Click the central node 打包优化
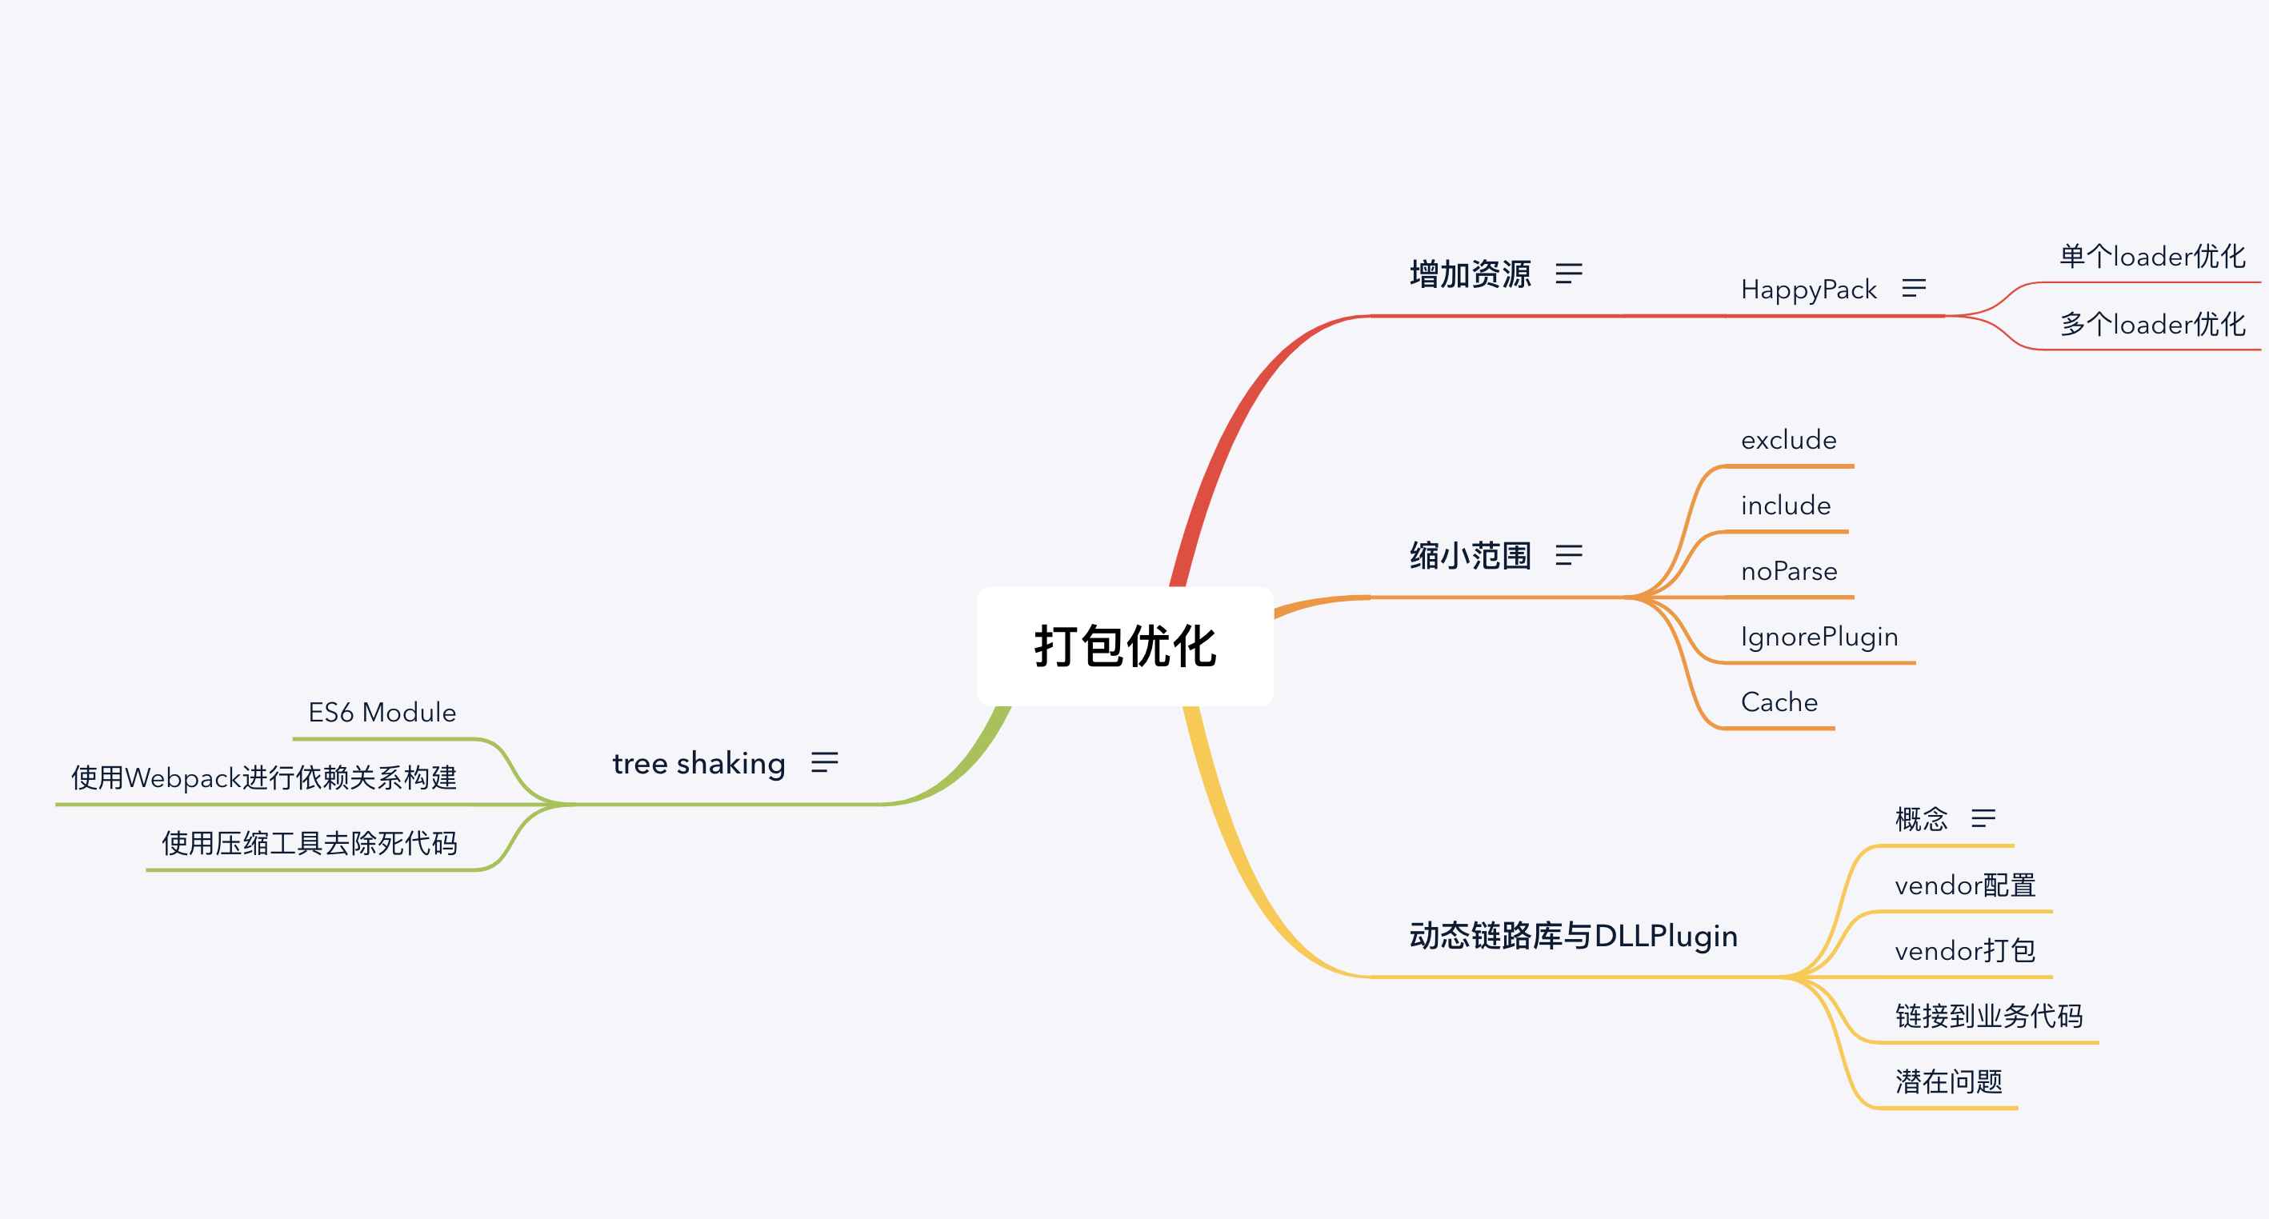1125,645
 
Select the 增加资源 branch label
1470,274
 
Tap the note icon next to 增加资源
1569,273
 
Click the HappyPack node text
1808,289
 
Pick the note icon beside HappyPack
1913,288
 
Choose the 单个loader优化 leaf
2152,256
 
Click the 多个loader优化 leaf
2152,324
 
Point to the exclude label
1788,439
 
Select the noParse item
1789,572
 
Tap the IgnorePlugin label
1819,636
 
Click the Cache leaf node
1779,702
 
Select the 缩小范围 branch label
1470,556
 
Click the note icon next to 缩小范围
1569,555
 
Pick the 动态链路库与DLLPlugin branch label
1573,935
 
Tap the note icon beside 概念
1983,818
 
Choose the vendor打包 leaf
1964,950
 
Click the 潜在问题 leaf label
1948,1081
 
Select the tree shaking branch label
698,763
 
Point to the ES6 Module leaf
382,712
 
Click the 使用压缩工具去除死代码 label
309,843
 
